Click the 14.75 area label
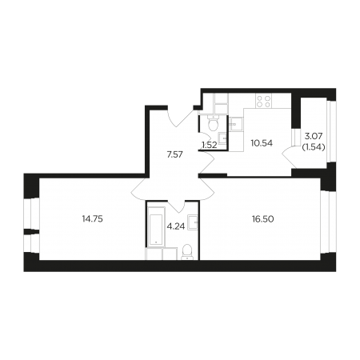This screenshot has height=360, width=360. point(93,219)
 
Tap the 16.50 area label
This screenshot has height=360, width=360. point(263,219)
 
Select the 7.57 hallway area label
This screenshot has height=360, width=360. point(174,154)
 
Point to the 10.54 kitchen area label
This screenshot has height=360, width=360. point(262,143)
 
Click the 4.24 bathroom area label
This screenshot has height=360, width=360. point(176,226)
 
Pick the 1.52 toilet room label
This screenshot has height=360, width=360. point(210,146)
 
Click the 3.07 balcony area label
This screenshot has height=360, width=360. point(314,137)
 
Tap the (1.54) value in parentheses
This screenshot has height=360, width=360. point(314,146)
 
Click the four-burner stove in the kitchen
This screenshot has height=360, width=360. point(263,101)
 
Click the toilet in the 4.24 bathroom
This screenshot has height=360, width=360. point(187,252)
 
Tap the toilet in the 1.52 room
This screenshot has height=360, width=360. point(213,123)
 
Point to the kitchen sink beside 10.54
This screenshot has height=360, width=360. point(236,124)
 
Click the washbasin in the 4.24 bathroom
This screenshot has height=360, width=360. point(193,222)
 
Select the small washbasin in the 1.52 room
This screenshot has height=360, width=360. point(222,138)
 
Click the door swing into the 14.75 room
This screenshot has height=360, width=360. point(138,189)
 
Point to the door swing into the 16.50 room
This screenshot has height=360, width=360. point(206,190)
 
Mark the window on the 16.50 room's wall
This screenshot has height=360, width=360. point(327,222)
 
